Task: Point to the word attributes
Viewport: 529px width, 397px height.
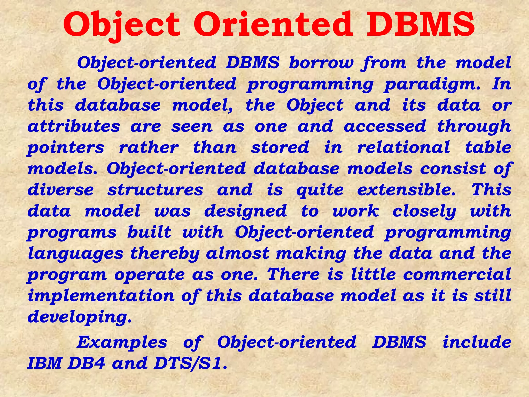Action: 74,126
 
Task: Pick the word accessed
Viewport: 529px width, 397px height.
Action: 385,126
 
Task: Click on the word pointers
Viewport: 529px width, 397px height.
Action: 66,148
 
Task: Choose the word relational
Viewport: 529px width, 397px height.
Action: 403,148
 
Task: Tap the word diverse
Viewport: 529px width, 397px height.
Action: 61,190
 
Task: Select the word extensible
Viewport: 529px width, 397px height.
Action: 407,190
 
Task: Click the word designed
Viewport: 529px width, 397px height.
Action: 246,211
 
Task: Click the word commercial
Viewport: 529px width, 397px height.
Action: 457,274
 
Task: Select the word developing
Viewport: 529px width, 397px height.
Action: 80,317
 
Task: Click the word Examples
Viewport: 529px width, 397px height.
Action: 122,342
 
